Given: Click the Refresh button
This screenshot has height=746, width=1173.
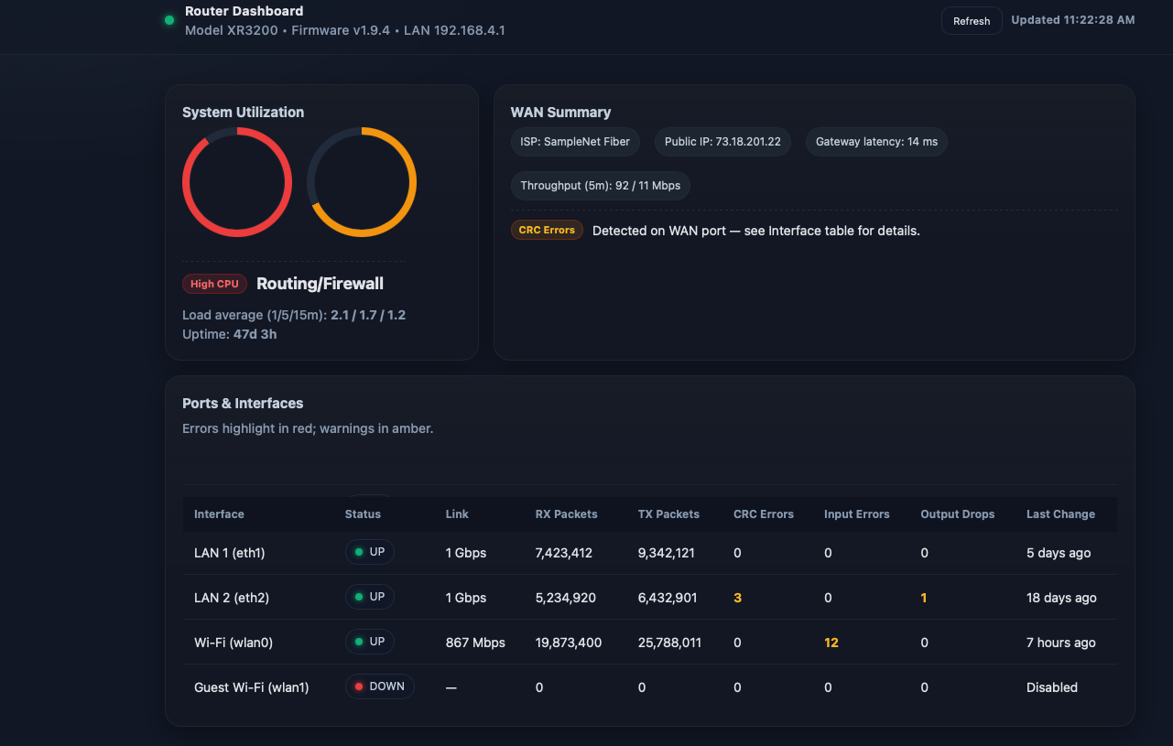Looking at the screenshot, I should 972,21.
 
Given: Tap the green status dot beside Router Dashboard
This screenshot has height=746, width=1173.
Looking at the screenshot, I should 169,20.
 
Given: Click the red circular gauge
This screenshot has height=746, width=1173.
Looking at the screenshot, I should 237,182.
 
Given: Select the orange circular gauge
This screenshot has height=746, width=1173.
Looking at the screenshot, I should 362,182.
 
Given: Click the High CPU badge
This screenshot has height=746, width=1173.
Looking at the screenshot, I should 214,284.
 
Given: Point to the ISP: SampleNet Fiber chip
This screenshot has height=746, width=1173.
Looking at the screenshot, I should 575,142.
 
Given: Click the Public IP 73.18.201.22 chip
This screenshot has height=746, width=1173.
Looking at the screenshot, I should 722,142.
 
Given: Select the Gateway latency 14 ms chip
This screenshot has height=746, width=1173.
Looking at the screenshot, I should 876,142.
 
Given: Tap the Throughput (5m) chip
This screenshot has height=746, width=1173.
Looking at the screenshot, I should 600,186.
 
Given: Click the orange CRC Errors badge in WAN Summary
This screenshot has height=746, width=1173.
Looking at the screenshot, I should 547,230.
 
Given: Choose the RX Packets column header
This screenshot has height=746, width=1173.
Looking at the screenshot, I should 566,514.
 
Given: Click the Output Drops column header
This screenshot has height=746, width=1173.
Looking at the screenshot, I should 957,514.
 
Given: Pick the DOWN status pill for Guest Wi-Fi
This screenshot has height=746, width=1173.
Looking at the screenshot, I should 380,687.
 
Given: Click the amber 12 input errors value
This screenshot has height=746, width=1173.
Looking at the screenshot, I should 831,643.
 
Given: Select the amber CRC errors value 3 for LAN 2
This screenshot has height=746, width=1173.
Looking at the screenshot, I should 737,598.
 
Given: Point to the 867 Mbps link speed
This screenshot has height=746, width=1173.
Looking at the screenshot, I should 475,643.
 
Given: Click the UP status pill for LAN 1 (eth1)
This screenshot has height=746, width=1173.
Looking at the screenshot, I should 370,552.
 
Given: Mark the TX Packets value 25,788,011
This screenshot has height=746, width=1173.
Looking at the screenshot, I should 669,643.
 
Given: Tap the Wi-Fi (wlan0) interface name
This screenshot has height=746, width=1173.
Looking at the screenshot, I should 234,643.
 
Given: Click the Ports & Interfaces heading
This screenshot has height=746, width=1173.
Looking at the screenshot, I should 243,404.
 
